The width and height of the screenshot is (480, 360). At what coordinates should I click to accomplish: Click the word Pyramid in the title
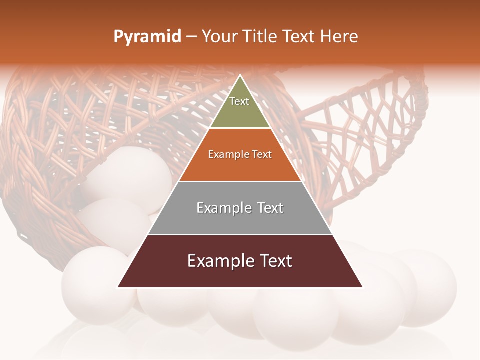(x=147, y=37)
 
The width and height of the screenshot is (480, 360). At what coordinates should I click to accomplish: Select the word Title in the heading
(x=262, y=37)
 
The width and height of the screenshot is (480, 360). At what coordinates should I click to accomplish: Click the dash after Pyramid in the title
(x=191, y=37)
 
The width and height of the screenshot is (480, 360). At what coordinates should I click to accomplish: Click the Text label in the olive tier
(x=239, y=101)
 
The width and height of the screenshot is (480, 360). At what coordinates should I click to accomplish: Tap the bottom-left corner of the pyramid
(x=118, y=287)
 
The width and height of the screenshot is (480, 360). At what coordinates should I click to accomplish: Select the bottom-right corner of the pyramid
(x=362, y=287)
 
